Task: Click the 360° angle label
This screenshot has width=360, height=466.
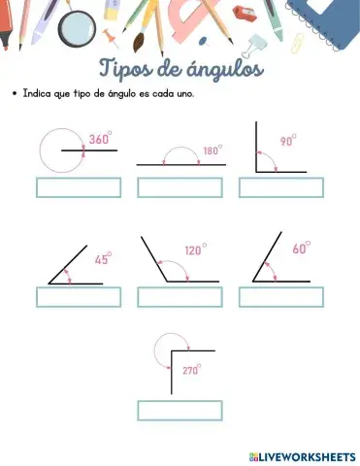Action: click(x=100, y=140)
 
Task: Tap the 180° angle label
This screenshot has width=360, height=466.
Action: click(x=213, y=150)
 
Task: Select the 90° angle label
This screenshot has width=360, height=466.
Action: click(x=288, y=141)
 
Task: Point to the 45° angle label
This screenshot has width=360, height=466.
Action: click(x=103, y=259)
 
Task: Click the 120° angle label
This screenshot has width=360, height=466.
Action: click(x=195, y=250)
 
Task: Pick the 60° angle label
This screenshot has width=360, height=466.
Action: click(x=301, y=249)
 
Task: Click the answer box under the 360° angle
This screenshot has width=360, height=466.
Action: click(x=79, y=187)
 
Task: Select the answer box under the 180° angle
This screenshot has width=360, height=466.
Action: click(x=180, y=187)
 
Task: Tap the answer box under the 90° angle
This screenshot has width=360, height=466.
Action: click(x=281, y=187)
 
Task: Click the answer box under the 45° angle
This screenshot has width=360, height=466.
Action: click(x=79, y=297)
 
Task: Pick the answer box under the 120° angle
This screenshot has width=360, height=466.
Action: click(x=180, y=297)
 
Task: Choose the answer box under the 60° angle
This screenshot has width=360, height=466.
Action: click(x=281, y=297)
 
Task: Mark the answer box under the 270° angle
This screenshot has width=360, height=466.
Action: click(x=180, y=410)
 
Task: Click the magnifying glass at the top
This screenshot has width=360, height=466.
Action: click(x=75, y=28)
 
